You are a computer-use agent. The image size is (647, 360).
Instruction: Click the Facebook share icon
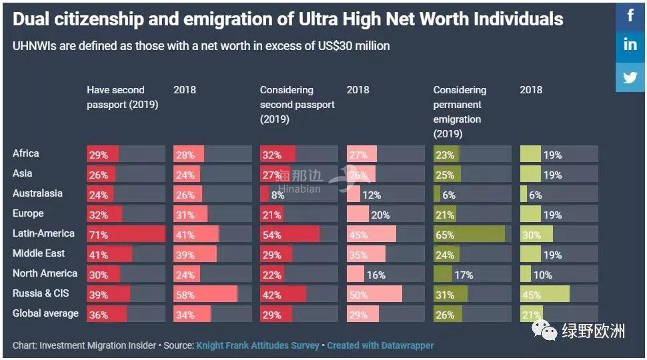coord(630,15)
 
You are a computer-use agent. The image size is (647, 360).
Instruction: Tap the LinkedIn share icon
coord(630,45)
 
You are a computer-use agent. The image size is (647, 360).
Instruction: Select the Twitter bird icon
coord(630,77)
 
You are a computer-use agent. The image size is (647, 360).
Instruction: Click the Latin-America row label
coord(43,234)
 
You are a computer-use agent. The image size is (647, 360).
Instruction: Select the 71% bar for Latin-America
coord(125,235)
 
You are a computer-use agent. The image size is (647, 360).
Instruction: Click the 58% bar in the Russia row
coord(205,295)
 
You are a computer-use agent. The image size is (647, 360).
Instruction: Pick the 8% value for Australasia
coord(277,195)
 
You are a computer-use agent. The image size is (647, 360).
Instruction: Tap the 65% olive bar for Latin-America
coord(469,235)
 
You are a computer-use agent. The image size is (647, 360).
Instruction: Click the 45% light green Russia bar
coord(544,295)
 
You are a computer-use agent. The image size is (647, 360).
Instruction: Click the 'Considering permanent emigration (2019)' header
coord(460,111)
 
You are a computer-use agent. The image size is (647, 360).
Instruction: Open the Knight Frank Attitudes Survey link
coord(257,345)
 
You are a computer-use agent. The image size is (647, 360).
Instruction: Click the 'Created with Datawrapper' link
coord(380,345)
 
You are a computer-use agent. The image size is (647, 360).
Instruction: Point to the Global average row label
coord(45,313)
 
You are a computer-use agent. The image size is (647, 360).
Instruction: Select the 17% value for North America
coord(464,275)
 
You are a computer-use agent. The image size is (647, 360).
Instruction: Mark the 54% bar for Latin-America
coord(289,235)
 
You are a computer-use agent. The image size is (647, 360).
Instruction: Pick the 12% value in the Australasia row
coord(372,195)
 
